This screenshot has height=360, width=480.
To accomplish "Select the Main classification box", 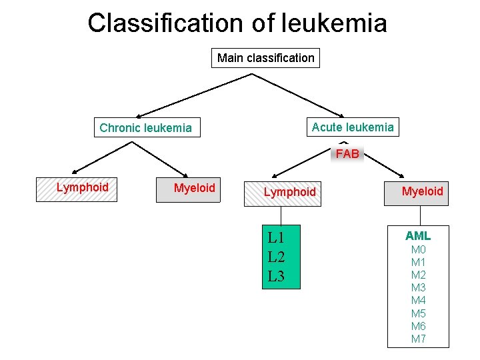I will click(x=265, y=58).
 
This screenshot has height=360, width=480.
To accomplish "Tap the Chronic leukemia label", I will click(x=145, y=128).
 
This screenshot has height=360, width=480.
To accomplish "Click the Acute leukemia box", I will click(x=353, y=127).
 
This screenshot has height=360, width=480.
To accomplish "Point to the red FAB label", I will click(x=347, y=154).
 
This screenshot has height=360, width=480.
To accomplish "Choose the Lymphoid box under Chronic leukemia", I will click(x=77, y=189).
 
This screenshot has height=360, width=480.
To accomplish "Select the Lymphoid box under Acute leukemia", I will click(x=283, y=193).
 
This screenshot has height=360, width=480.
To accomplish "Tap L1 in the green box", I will click(x=276, y=237).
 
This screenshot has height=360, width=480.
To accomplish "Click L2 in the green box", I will click(x=276, y=257).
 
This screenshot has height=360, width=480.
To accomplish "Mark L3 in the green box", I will click(x=276, y=276).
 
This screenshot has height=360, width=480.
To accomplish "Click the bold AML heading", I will click(x=418, y=236).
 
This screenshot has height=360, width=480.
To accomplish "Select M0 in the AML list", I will click(x=418, y=250).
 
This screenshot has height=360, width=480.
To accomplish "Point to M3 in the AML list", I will click(x=418, y=288).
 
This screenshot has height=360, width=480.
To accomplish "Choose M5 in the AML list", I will click(x=418, y=313).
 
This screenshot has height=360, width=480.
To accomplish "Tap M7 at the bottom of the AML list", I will click(x=418, y=339).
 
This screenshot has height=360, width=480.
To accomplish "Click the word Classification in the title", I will click(x=165, y=23).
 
